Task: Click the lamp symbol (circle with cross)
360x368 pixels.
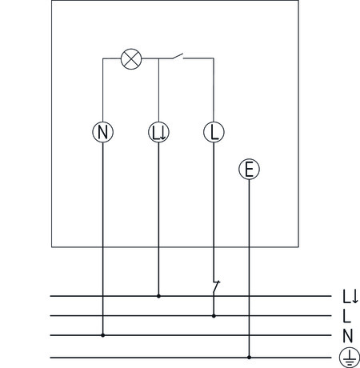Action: pos(131,59)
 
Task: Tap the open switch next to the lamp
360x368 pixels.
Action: pos(178,56)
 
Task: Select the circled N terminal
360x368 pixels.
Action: pos(103,132)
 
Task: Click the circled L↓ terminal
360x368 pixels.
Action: pos(158,132)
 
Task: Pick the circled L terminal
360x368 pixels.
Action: pos(214,132)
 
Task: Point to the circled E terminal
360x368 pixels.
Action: pos(249,170)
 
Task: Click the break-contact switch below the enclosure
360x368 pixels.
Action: pos(216,287)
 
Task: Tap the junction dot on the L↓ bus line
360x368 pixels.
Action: pos(158,296)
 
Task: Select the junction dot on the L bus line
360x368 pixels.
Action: pos(214,316)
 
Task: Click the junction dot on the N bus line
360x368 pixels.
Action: pos(102,335)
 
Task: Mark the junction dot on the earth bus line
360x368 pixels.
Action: pos(249,358)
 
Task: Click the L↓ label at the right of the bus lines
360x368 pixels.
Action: pos(350,297)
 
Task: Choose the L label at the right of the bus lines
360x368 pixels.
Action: pos(346,316)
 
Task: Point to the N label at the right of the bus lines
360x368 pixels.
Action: pos(348,336)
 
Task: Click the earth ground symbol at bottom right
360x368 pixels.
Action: pos(350,358)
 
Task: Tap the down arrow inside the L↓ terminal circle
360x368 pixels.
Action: pos(163,133)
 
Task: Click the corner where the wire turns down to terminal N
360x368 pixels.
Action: pos(103,58)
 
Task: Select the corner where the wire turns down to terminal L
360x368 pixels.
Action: pos(214,58)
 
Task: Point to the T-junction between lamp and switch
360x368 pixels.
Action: pos(158,58)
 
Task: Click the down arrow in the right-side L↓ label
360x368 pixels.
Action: pos(355,297)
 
